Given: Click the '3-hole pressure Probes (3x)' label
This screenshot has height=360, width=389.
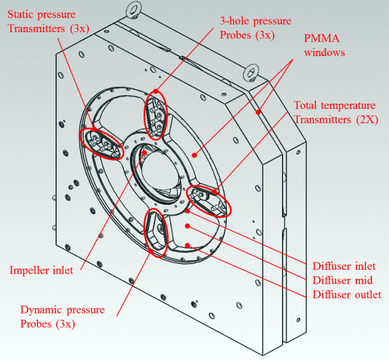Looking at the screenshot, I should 256,28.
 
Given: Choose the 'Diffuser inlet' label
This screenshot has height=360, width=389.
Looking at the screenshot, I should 344,266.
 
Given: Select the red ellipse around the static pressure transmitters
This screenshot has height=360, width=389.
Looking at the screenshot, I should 100,144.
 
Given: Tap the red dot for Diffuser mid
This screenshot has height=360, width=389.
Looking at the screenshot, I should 187,226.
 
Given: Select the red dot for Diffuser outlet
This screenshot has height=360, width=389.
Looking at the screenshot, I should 187,245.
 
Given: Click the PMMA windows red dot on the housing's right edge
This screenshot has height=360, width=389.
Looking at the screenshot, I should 258,112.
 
